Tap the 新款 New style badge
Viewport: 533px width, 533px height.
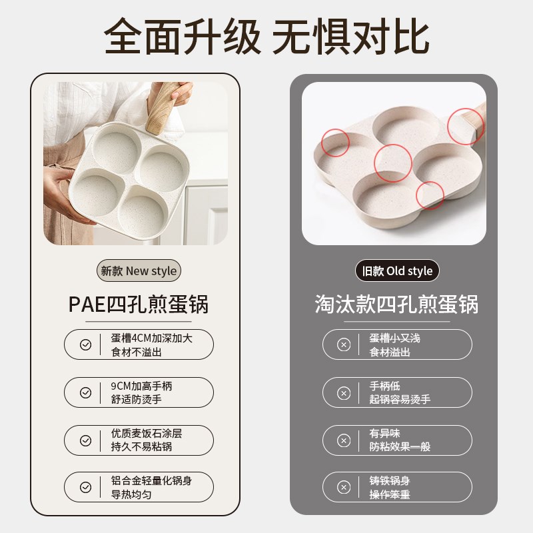139,271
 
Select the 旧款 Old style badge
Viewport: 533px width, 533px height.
397,271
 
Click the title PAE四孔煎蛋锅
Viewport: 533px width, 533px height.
139,304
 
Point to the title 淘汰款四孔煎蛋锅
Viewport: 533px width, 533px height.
397,304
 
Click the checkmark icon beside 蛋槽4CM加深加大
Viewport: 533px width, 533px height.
85,344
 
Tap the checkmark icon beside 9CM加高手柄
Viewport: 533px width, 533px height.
85,392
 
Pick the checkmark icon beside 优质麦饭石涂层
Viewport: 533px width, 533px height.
85,440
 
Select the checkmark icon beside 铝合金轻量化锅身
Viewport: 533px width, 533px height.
85,487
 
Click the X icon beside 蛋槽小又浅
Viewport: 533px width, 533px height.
344,344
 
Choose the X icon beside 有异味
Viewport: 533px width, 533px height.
344,440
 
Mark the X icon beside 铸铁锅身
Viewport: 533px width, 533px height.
344,487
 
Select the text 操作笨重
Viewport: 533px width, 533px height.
390,494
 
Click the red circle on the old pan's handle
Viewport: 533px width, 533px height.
466,125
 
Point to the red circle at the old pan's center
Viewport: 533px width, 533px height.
392,163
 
